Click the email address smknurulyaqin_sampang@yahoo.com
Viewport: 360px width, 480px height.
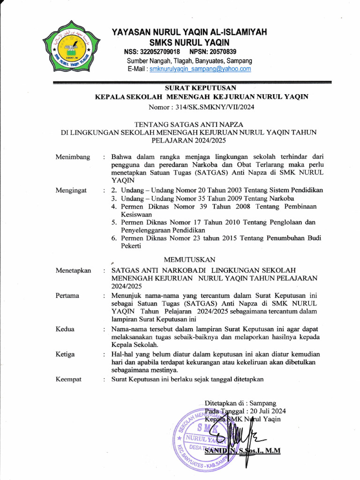point(200,69)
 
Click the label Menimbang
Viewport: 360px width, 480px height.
point(73,157)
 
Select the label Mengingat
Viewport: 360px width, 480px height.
point(72,190)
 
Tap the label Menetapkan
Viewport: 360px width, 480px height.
point(73,270)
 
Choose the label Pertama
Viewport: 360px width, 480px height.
point(67,296)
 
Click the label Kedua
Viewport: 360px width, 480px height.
point(65,329)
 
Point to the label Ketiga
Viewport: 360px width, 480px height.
point(65,354)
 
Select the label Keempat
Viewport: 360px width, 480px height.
point(68,379)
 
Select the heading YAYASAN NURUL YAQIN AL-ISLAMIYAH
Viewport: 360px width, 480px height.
point(189,32)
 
